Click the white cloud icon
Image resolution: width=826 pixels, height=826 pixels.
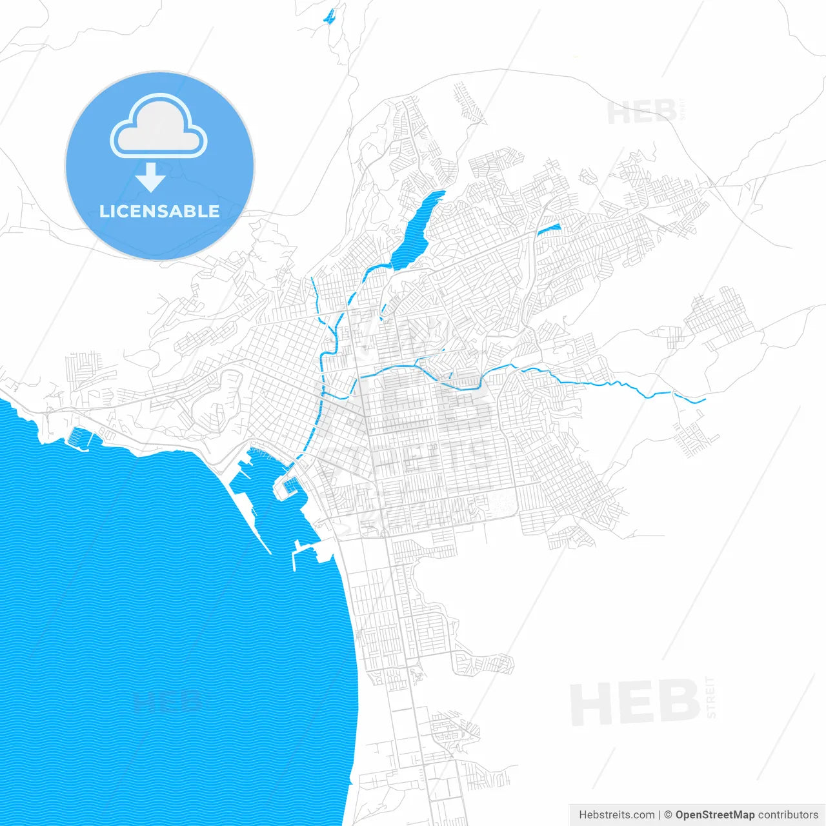[159, 126]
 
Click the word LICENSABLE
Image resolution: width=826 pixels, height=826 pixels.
[159, 211]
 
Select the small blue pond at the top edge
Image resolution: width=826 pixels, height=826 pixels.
[330, 15]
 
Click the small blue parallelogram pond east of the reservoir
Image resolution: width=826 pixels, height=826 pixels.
[549, 228]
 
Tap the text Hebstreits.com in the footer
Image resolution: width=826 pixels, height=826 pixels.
[616, 815]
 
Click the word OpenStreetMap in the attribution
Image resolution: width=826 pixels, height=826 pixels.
[715, 815]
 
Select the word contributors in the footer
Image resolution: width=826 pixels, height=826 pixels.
[788, 815]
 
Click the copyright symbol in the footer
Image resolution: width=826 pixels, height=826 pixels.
[669, 815]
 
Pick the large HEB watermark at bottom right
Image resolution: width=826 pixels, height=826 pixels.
[635, 702]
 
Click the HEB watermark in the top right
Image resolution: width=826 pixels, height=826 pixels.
[641, 112]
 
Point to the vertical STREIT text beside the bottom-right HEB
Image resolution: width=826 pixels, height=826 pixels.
[711, 698]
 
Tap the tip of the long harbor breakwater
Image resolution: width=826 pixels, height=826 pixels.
[269, 553]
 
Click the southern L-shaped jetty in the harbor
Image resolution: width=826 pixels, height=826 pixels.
[296, 555]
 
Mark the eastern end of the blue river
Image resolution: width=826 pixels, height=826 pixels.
[704, 401]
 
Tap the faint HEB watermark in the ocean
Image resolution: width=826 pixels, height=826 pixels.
[166, 701]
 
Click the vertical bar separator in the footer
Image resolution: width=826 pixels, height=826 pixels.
[660, 815]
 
